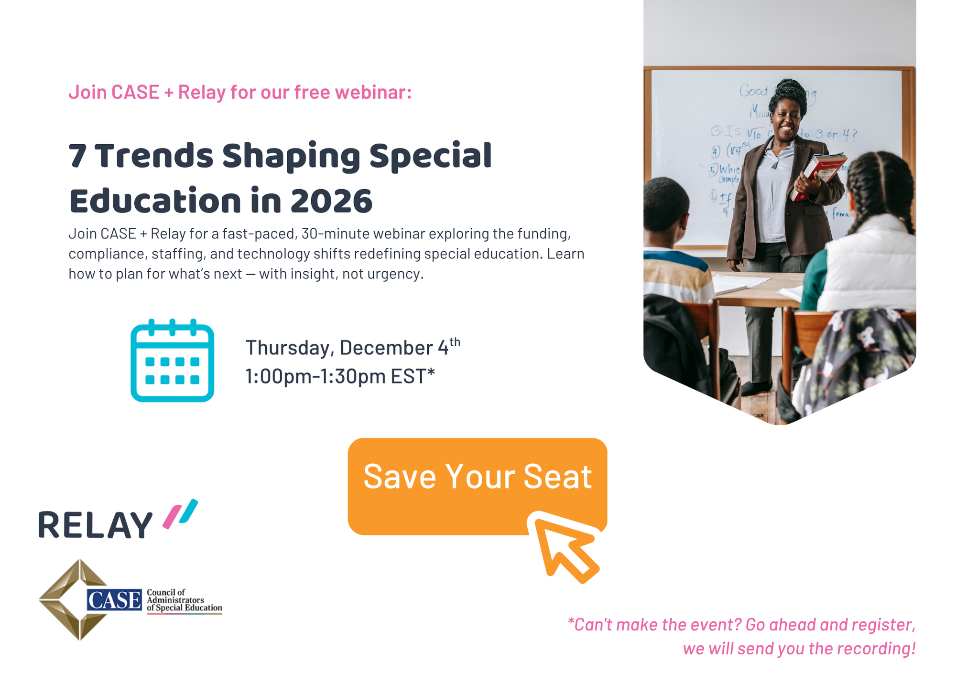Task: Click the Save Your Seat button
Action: pyautogui.click(x=477, y=478)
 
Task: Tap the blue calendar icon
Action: pyautogui.click(x=172, y=361)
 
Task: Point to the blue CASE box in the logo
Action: pyautogui.click(x=114, y=600)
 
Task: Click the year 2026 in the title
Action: pyautogui.click(x=331, y=201)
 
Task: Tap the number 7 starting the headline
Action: pyautogui.click(x=77, y=156)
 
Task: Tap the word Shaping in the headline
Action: pyautogui.click(x=291, y=156)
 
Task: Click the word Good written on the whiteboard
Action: pyautogui.click(x=753, y=90)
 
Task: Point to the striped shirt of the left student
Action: pyautogui.click(x=674, y=277)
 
